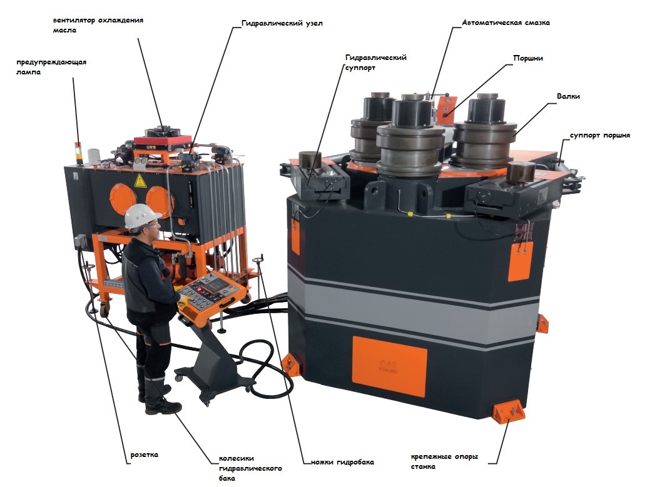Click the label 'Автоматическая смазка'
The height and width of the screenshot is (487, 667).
506,23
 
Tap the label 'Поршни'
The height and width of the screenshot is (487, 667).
528,58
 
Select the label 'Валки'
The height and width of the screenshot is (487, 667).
568,96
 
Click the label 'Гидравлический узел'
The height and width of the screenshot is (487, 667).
282,23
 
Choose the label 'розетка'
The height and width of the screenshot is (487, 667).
144,454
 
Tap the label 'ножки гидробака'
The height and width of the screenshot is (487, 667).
342,463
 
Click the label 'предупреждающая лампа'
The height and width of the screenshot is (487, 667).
51,67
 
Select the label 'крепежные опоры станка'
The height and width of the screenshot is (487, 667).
444,461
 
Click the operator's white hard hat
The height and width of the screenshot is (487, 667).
141,216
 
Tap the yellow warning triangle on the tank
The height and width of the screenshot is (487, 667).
140,181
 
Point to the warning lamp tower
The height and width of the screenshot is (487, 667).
78,153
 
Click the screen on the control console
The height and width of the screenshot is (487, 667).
212,284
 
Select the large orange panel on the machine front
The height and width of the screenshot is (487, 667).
389,366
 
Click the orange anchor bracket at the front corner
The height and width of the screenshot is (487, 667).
509,411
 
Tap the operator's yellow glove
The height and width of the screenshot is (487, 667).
184,301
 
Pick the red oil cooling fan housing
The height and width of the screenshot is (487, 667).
162,140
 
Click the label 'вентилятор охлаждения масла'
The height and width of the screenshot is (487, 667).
98,25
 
